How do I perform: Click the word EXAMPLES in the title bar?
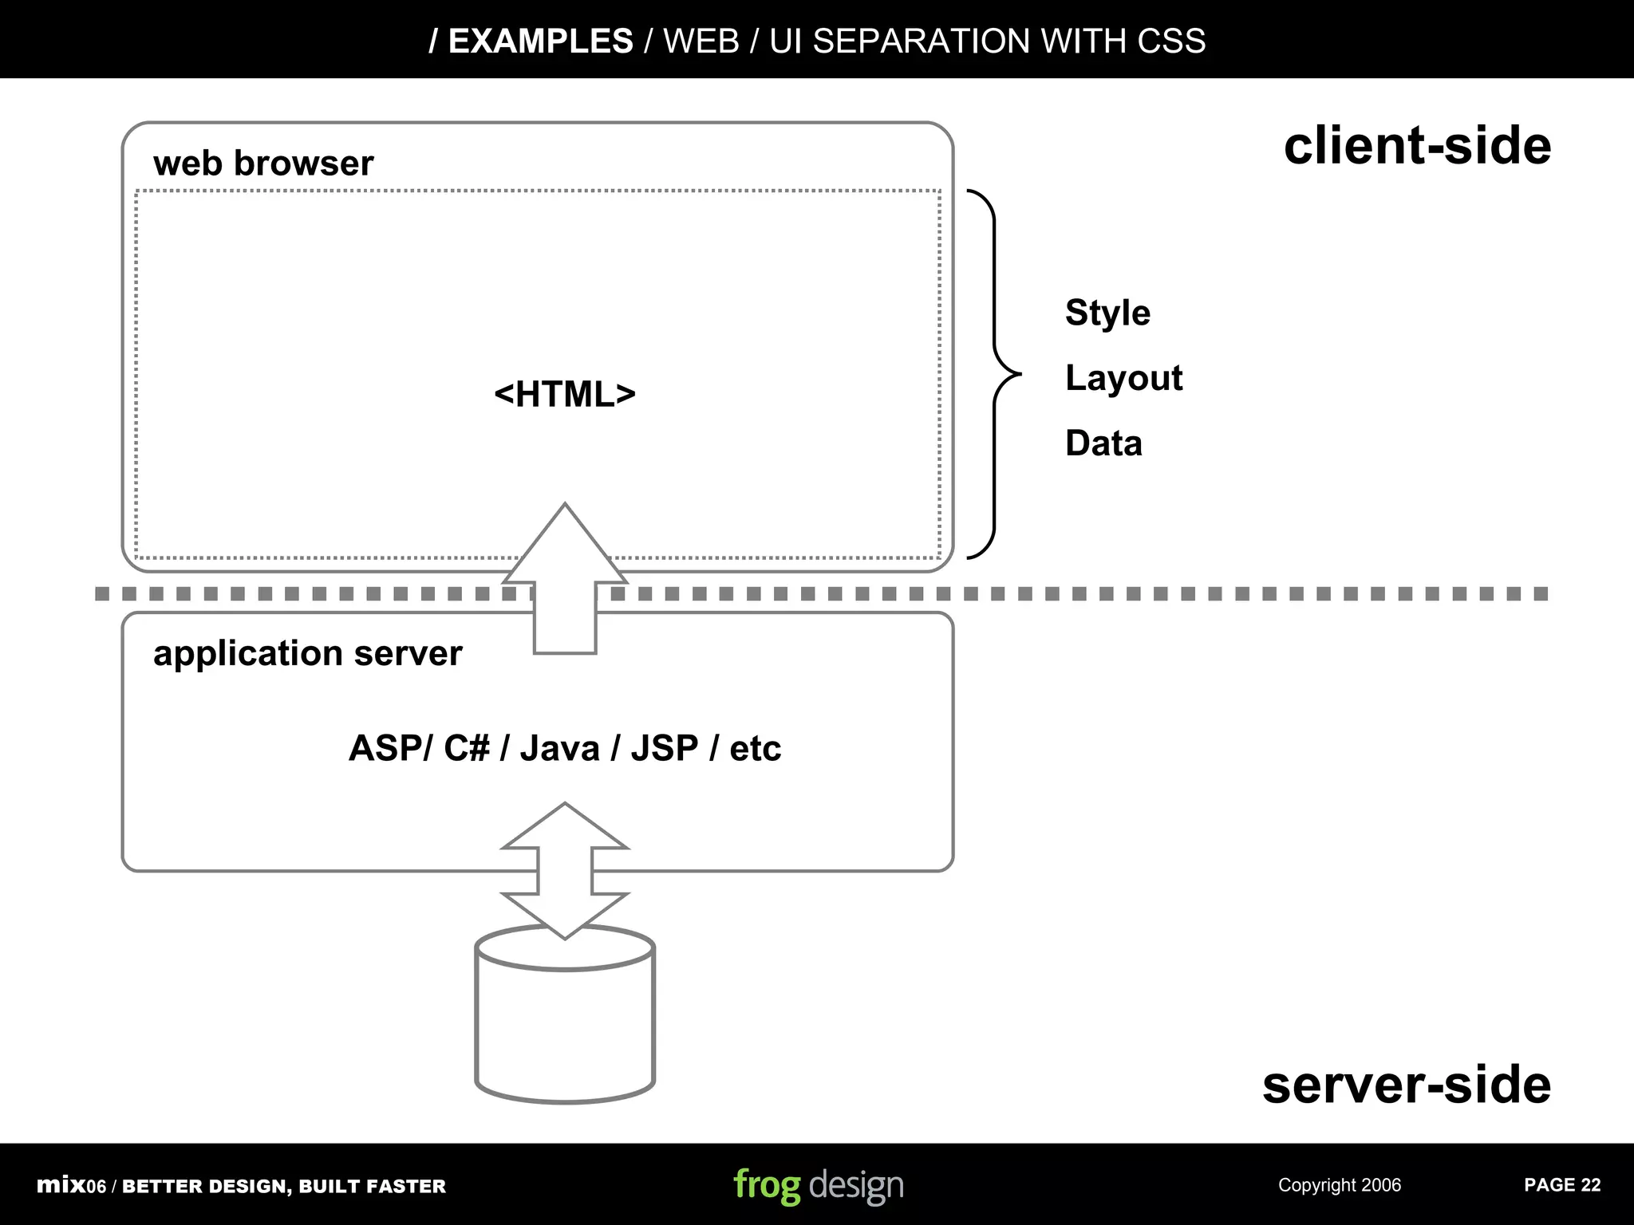[540, 41]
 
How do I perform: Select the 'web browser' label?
[263, 163]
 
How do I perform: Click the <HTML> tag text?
[565, 394]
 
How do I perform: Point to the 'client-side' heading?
[1417, 146]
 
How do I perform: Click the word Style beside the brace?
[1107, 313]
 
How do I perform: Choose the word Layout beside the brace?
[1123, 378]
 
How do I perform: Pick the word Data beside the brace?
[1103, 443]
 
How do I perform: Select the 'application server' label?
[307, 653]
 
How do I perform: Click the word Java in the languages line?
[559, 749]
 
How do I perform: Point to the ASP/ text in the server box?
[390, 749]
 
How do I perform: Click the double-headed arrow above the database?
[565, 870]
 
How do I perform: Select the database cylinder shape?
[565, 1029]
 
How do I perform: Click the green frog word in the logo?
[767, 1185]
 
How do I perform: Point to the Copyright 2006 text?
[1339, 1185]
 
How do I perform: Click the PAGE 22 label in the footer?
[1561, 1185]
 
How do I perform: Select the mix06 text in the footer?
[71, 1185]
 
